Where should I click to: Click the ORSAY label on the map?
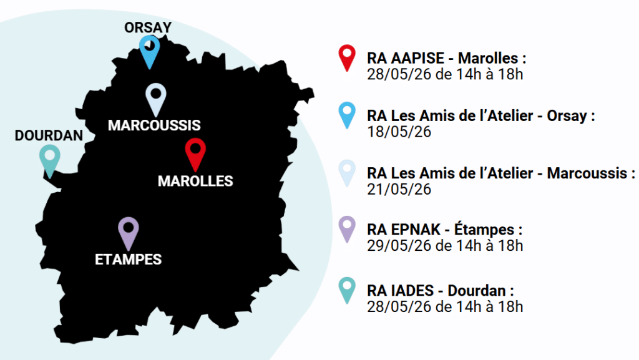[x=147, y=27]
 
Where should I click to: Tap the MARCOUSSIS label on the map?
[x=154, y=125]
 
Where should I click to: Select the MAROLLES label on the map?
[x=195, y=181]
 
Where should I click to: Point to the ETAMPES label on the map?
[x=128, y=259]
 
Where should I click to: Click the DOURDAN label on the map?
[x=49, y=135]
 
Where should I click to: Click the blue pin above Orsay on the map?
[x=149, y=51]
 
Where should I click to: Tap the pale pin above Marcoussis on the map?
[x=155, y=99]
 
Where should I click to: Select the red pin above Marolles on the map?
[x=195, y=154]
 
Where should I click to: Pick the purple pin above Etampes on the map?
[x=128, y=232]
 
